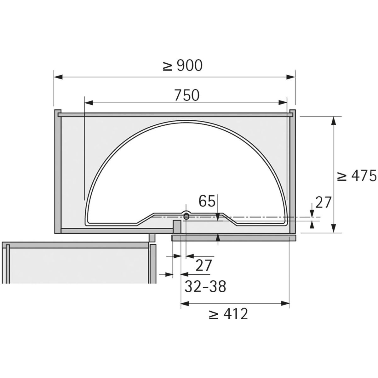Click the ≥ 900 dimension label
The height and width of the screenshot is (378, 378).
pyautogui.click(x=182, y=66)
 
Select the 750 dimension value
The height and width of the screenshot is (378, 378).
pyautogui.click(x=187, y=95)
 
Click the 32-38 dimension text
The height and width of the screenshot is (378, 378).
pyautogui.click(x=205, y=286)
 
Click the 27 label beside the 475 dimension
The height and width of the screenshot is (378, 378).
pyautogui.click(x=323, y=202)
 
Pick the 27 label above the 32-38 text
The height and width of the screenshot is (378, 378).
pyautogui.click(x=204, y=265)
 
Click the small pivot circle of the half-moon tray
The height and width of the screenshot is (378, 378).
pyautogui.click(x=186, y=217)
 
